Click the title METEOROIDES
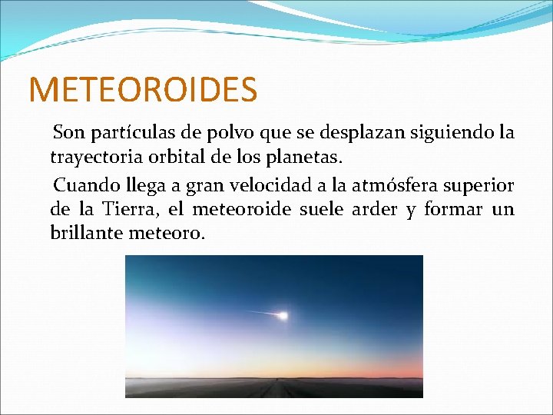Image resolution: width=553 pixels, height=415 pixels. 143,89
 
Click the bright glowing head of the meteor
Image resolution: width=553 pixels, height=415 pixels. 283,315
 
